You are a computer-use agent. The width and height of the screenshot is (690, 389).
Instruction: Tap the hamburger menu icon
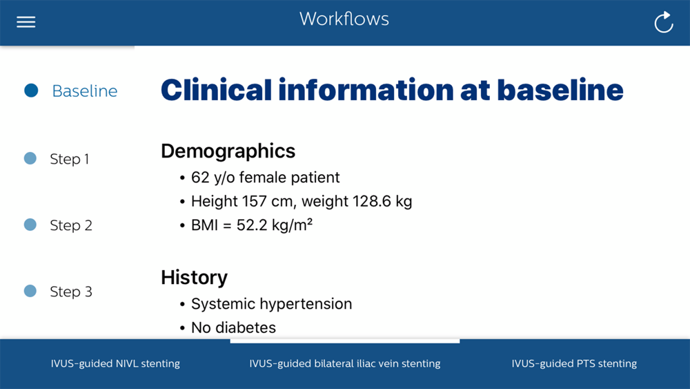(26, 22)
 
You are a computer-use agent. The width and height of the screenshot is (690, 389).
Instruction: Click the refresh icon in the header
(664, 22)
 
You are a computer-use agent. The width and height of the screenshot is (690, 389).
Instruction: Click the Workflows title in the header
(344, 19)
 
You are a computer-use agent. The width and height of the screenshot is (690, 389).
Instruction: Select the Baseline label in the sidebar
(85, 91)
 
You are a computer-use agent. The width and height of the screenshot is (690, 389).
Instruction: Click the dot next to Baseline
(31, 91)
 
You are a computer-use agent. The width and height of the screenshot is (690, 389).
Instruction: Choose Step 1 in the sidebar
(70, 159)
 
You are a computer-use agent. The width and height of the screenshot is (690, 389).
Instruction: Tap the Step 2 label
(71, 225)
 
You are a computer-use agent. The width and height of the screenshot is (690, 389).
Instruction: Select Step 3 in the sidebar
(71, 291)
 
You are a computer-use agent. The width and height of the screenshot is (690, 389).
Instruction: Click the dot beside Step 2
(30, 225)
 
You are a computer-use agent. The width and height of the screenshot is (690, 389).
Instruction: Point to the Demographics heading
(228, 151)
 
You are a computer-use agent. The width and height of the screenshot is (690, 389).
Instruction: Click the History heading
(194, 278)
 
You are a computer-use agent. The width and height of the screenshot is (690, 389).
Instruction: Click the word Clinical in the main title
(217, 90)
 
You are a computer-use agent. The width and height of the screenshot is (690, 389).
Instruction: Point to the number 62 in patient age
(200, 177)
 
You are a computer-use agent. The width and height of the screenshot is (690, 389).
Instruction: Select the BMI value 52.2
(252, 225)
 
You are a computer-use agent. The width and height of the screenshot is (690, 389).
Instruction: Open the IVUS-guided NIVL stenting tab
(115, 363)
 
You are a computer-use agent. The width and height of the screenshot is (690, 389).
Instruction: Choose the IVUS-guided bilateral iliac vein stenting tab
(345, 363)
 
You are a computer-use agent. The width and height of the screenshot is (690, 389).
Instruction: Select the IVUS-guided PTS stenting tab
(574, 363)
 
